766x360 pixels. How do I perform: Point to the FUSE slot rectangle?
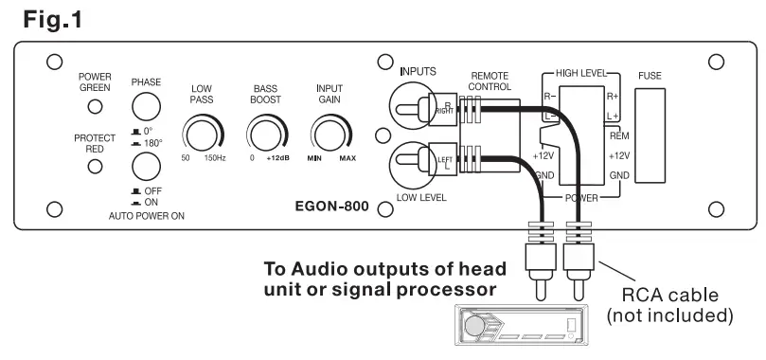click(651, 133)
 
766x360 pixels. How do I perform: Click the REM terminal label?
click(619, 135)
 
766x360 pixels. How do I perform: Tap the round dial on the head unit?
click(474, 328)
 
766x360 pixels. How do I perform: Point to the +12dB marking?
click(278, 157)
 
